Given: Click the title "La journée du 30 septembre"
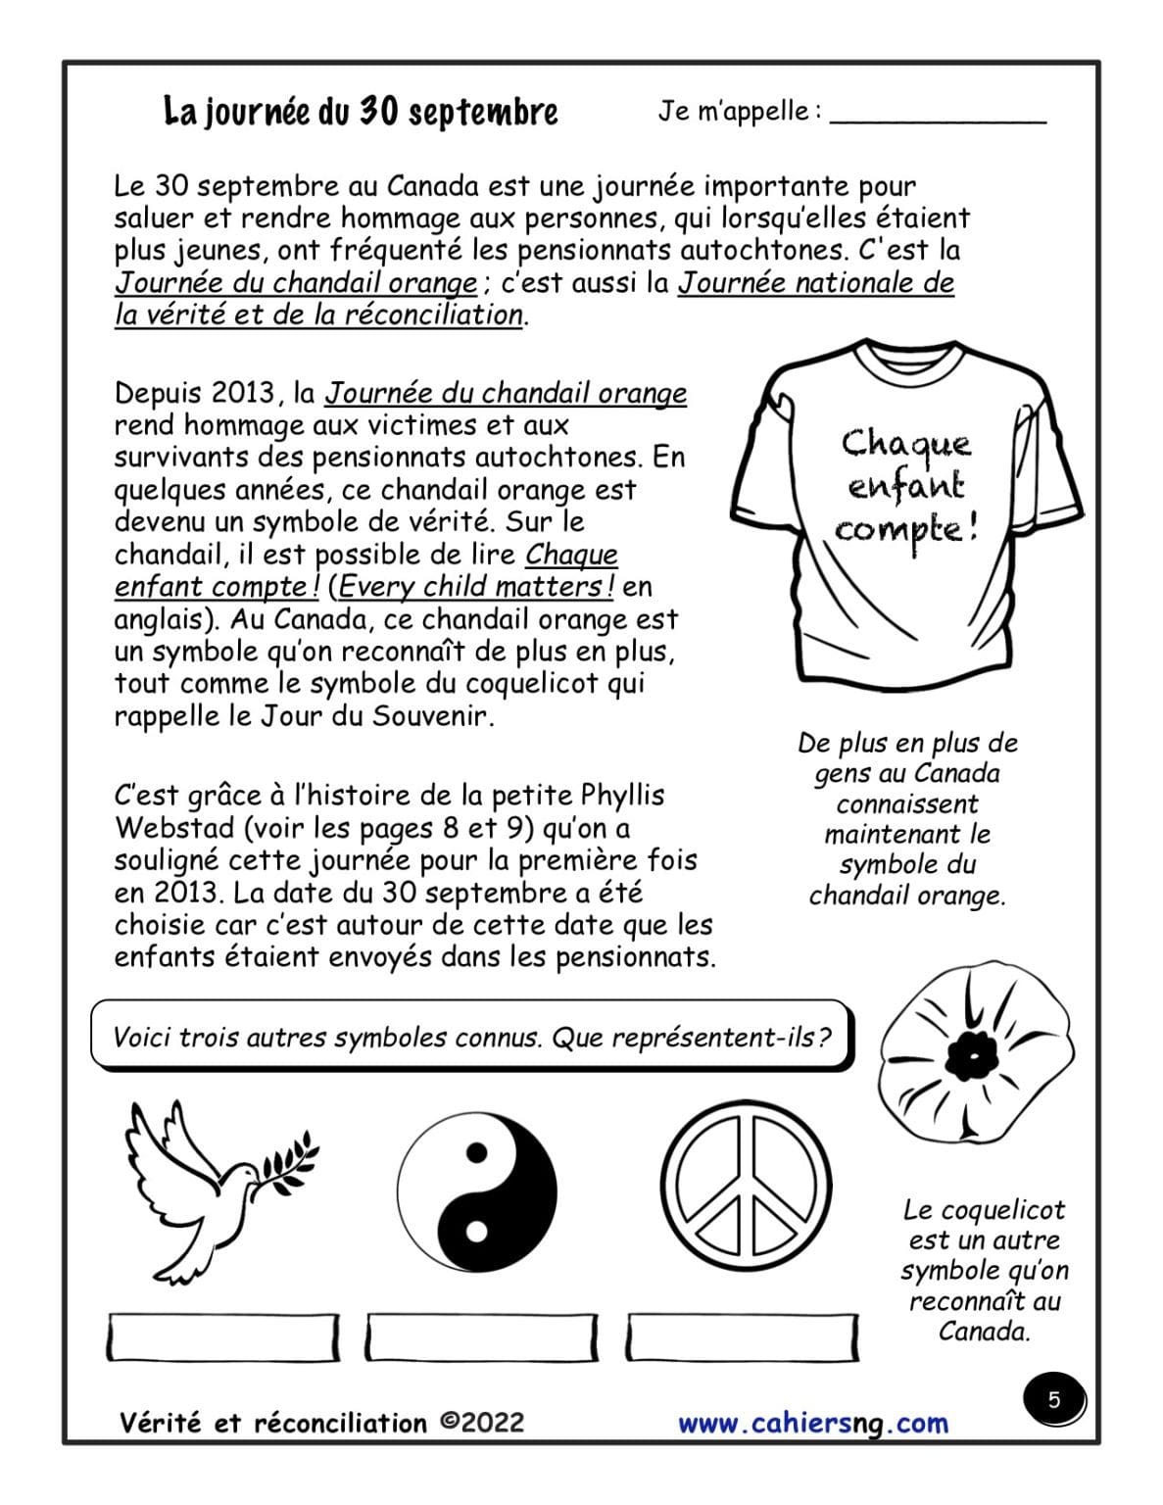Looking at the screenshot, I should coord(360,112).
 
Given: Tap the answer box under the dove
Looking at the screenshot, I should coord(222,1337).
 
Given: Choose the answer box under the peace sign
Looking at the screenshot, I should coord(742,1337).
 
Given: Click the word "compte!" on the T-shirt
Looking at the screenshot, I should coord(905,530).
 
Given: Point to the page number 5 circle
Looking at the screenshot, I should coord(1054,1400).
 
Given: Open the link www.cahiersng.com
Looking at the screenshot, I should coord(812,1423).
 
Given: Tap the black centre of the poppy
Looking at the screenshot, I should coord(971,1054).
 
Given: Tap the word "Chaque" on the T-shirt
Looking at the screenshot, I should coord(906,444).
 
